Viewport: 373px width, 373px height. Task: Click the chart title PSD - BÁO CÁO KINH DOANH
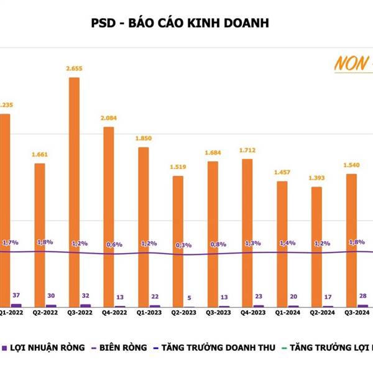coord(180,24)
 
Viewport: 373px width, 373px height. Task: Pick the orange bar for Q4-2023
coord(247,233)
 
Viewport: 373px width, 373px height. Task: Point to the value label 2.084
coord(108,118)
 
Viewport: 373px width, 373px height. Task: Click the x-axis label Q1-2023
coord(144,313)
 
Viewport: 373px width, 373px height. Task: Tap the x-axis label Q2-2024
coord(316,313)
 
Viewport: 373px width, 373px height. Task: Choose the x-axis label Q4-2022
coord(109,313)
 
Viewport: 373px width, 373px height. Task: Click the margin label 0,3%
coord(183,246)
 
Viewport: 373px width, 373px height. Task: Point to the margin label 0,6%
coord(114,244)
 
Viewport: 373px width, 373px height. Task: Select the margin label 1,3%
coord(253,242)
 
